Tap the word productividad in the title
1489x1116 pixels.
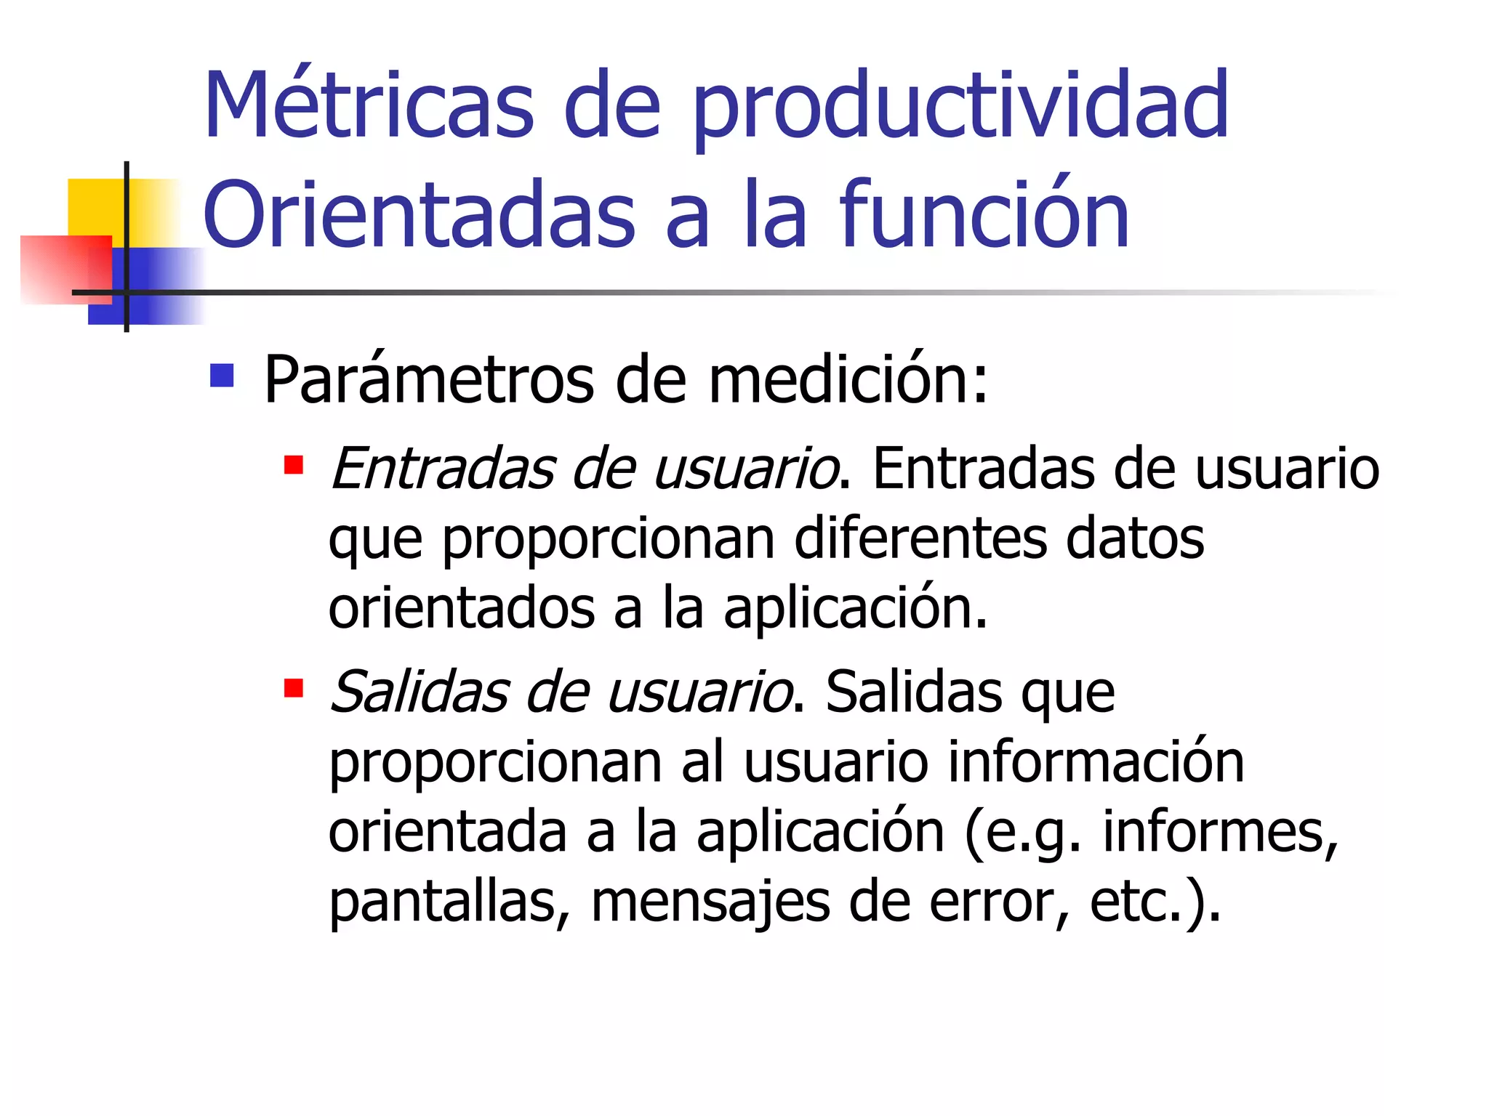(960, 109)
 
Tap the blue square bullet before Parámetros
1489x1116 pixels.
(222, 376)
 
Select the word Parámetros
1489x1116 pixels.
(429, 379)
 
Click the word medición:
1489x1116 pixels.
(848, 379)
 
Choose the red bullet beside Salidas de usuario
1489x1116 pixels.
(294, 687)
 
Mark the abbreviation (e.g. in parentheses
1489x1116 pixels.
(1022, 833)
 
